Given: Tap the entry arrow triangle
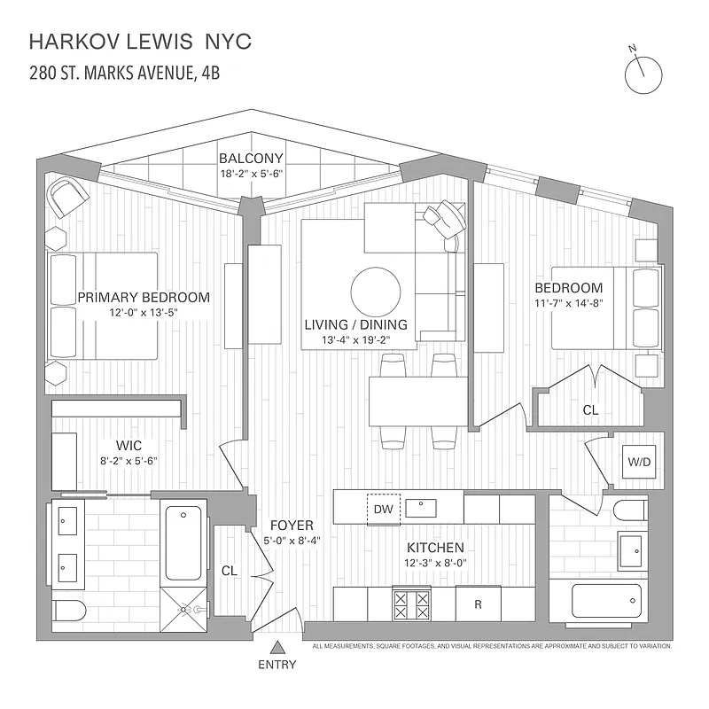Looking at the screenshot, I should pyautogui.click(x=277, y=648).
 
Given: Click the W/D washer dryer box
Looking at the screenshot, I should pyautogui.click(x=639, y=461).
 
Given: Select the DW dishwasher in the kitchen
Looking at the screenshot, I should pyautogui.click(x=384, y=509).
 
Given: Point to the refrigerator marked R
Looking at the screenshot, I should pyautogui.click(x=478, y=605).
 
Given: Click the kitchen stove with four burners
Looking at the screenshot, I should pyautogui.click(x=411, y=605).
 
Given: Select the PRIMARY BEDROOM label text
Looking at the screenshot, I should pyautogui.click(x=144, y=297).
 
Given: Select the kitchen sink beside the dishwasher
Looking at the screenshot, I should pyautogui.click(x=421, y=509).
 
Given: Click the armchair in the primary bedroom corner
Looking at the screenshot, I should pyautogui.click(x=66, y=196).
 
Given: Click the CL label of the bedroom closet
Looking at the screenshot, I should pyautogui.click(x=590, y=410).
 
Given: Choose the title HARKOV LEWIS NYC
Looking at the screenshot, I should pyautogui.click(x=140, y=41).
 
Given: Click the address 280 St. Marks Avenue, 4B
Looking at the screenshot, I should pyautogui.click(x=125, y=72).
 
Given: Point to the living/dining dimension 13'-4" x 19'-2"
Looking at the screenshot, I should pyautogui.click(x=355, y=340).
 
